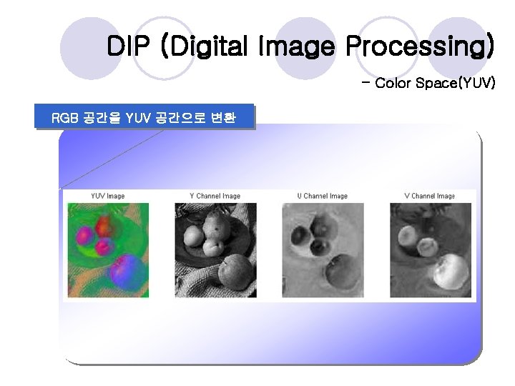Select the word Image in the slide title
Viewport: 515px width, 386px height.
303,47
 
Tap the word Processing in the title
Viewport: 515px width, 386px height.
419,47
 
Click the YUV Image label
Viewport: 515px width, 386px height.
107,196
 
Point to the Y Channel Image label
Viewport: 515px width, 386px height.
215,196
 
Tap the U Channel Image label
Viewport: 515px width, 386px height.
322,196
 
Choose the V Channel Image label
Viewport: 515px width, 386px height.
429,196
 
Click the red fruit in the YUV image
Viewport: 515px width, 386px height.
106,227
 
